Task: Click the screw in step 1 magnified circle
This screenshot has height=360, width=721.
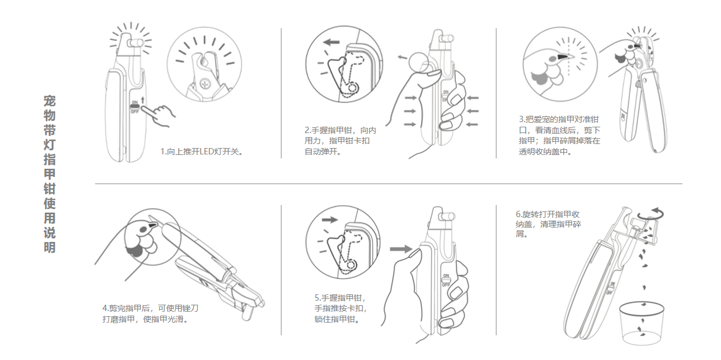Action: tap(203, 85)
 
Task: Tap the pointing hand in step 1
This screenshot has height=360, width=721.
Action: tap(162, 115)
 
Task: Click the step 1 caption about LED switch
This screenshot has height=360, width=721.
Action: tap(202, 152)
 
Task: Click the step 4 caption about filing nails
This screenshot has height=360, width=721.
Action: tap(150, 313)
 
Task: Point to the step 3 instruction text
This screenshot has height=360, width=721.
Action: tap(559, 136)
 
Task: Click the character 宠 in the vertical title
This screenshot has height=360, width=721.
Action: tap(50, 101)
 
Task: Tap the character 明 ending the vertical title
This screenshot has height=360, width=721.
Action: tap(50, 248)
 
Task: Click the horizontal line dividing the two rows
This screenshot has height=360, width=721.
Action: tap(386, 184)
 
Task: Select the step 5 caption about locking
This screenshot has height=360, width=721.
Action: tap(340, 309)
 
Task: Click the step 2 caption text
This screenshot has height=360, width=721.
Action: tap(340, 141)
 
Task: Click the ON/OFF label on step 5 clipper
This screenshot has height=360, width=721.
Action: tap(446, 280)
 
